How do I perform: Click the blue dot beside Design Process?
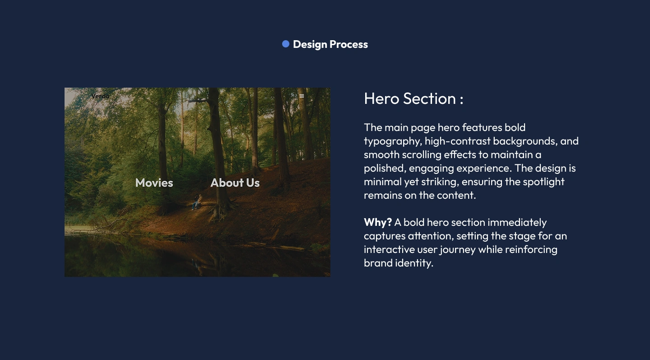[286, 44]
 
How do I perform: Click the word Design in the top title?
[310, 44]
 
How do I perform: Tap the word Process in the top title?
[349, 44]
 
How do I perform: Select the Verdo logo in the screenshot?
[100, 96]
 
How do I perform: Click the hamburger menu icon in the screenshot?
[302, 96]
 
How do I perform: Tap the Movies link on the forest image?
[154, 183]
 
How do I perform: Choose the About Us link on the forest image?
[235, 183]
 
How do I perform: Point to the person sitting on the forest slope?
[197, 201]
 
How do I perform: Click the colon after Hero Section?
[461, 99]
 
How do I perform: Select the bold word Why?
[378, 222]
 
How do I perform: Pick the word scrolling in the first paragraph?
[422, 155]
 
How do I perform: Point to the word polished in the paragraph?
[385, 168]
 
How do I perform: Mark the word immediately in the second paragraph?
[517, 223]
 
